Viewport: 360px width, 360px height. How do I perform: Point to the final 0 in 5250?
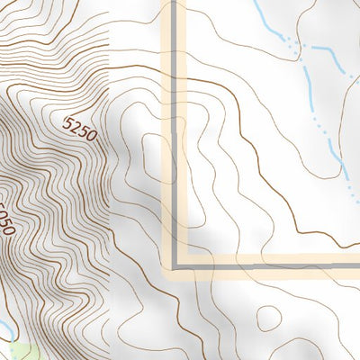point(91,130)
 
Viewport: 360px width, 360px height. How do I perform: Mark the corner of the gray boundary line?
point(174,265)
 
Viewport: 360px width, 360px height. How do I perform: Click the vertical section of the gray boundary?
point(174,135)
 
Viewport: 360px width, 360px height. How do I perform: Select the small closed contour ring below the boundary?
point(268,318)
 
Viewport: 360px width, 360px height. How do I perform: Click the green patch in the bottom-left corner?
point(20,348)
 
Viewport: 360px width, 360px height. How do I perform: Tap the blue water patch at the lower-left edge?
point(4,326)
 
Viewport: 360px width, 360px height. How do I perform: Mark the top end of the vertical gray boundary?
point(174,3)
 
